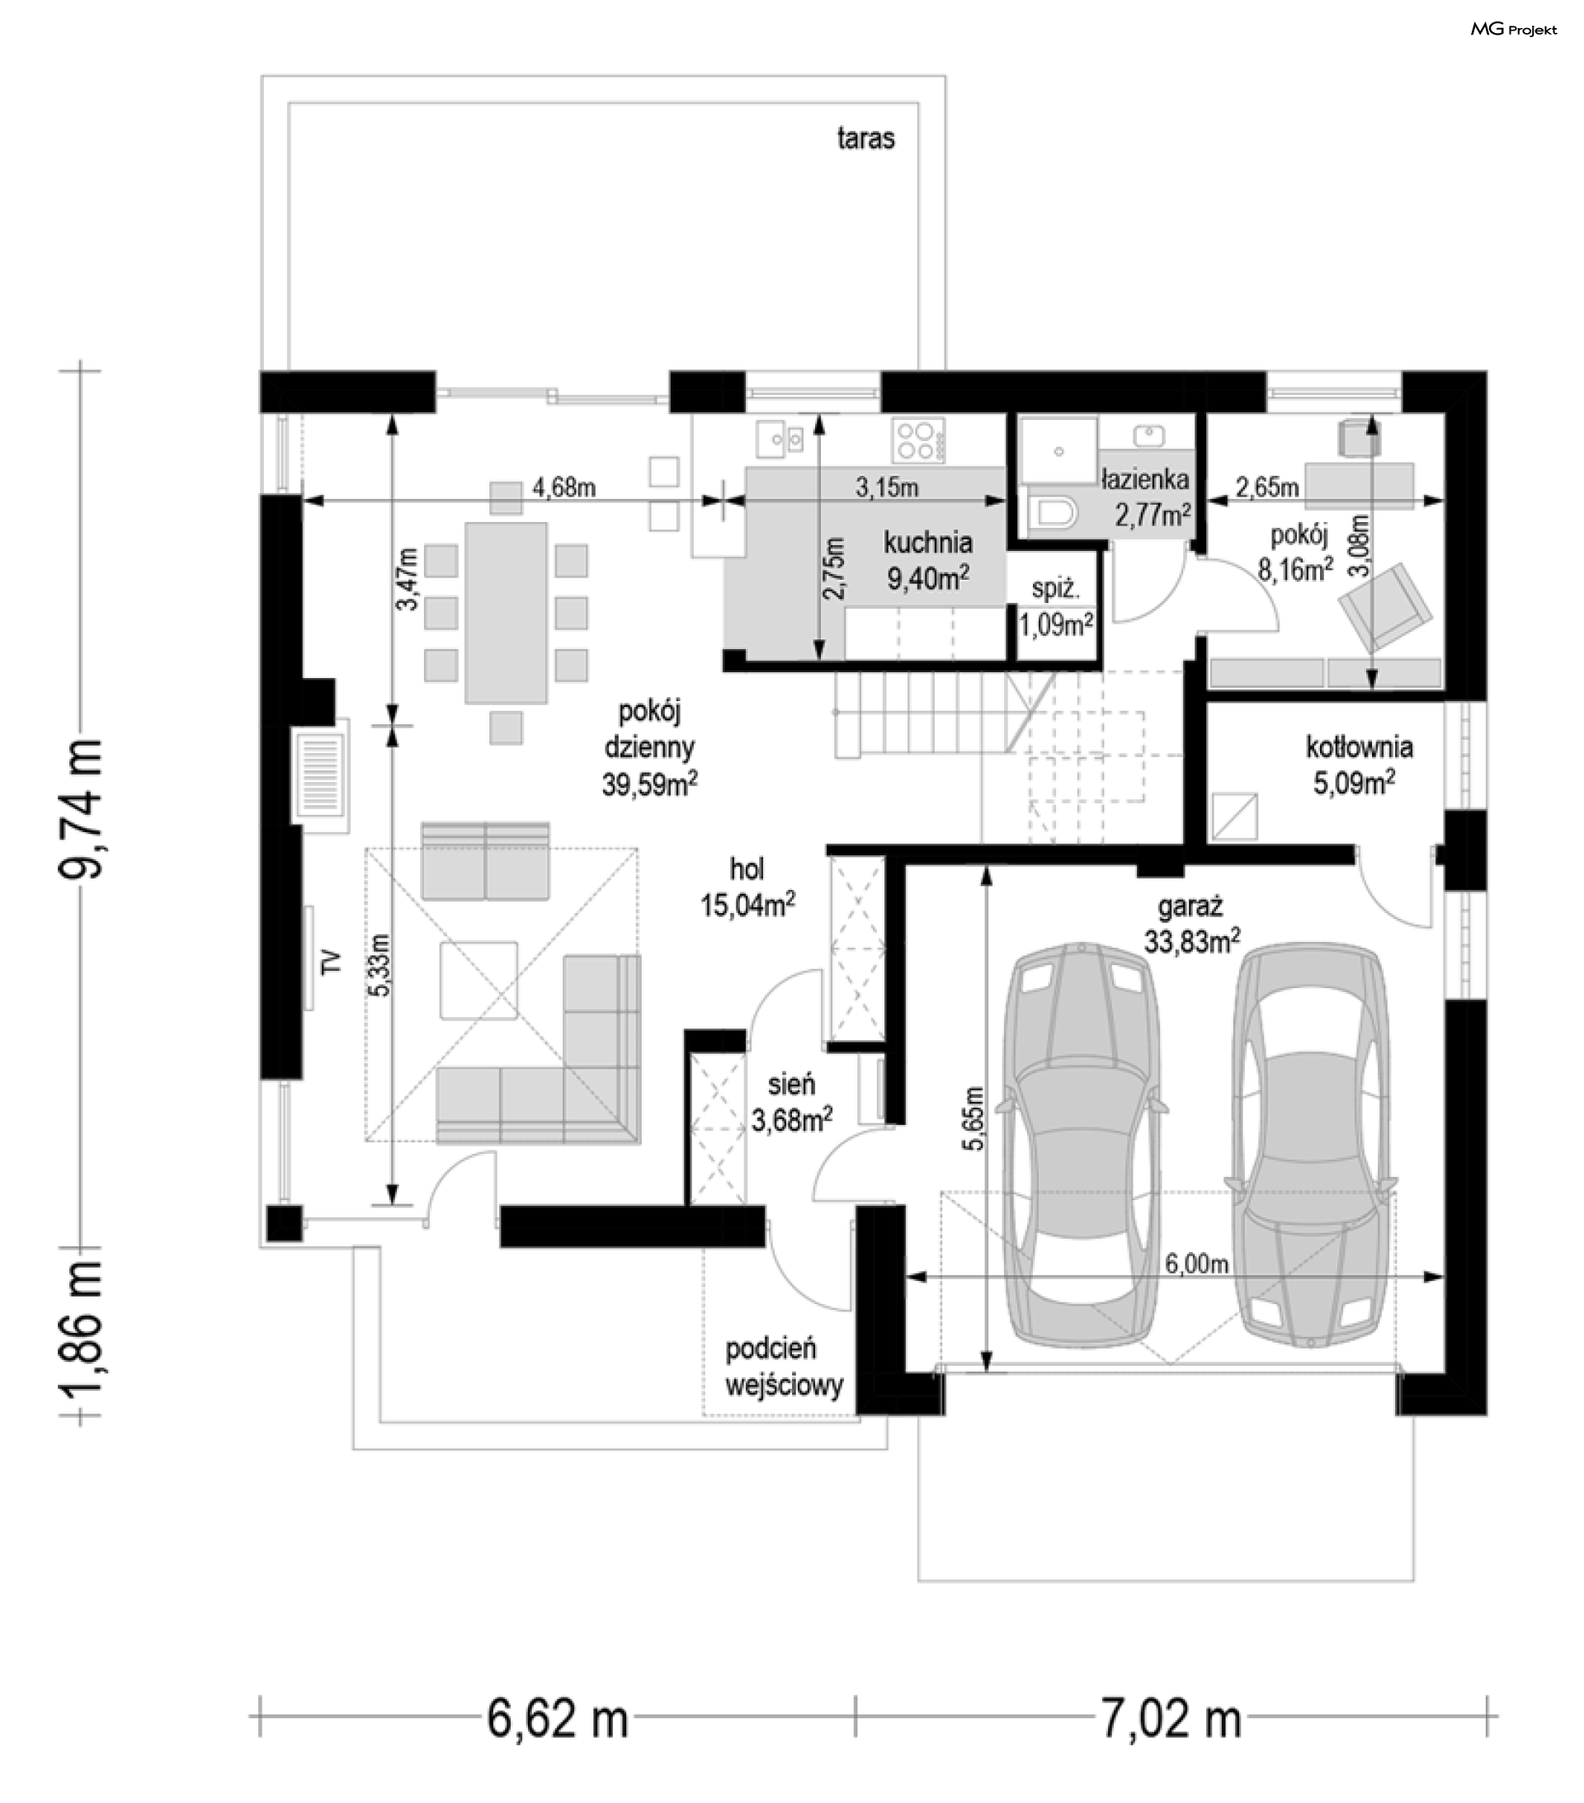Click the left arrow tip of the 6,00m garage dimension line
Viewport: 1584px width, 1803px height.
coord(907,1277)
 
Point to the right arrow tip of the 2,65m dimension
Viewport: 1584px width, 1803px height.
coord(1444,501)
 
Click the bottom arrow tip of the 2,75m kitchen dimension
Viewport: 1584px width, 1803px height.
coord(820,660)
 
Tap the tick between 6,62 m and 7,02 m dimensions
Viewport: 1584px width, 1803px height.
coord(855,1716)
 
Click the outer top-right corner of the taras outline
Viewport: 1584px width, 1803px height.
coord(945,76)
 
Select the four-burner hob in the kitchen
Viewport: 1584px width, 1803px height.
coord(917,440)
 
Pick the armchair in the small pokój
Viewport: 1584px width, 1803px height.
coord(1384,605)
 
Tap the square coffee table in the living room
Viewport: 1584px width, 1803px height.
coord(479,980)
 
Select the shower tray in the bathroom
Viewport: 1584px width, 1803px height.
coord(1058,450)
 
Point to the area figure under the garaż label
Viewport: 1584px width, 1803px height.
coord(1191,940)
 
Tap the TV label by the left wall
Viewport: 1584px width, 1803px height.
coord(330,962)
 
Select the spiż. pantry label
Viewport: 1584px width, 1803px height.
coord(1055,589)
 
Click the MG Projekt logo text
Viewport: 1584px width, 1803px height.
coord(1512,30)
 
